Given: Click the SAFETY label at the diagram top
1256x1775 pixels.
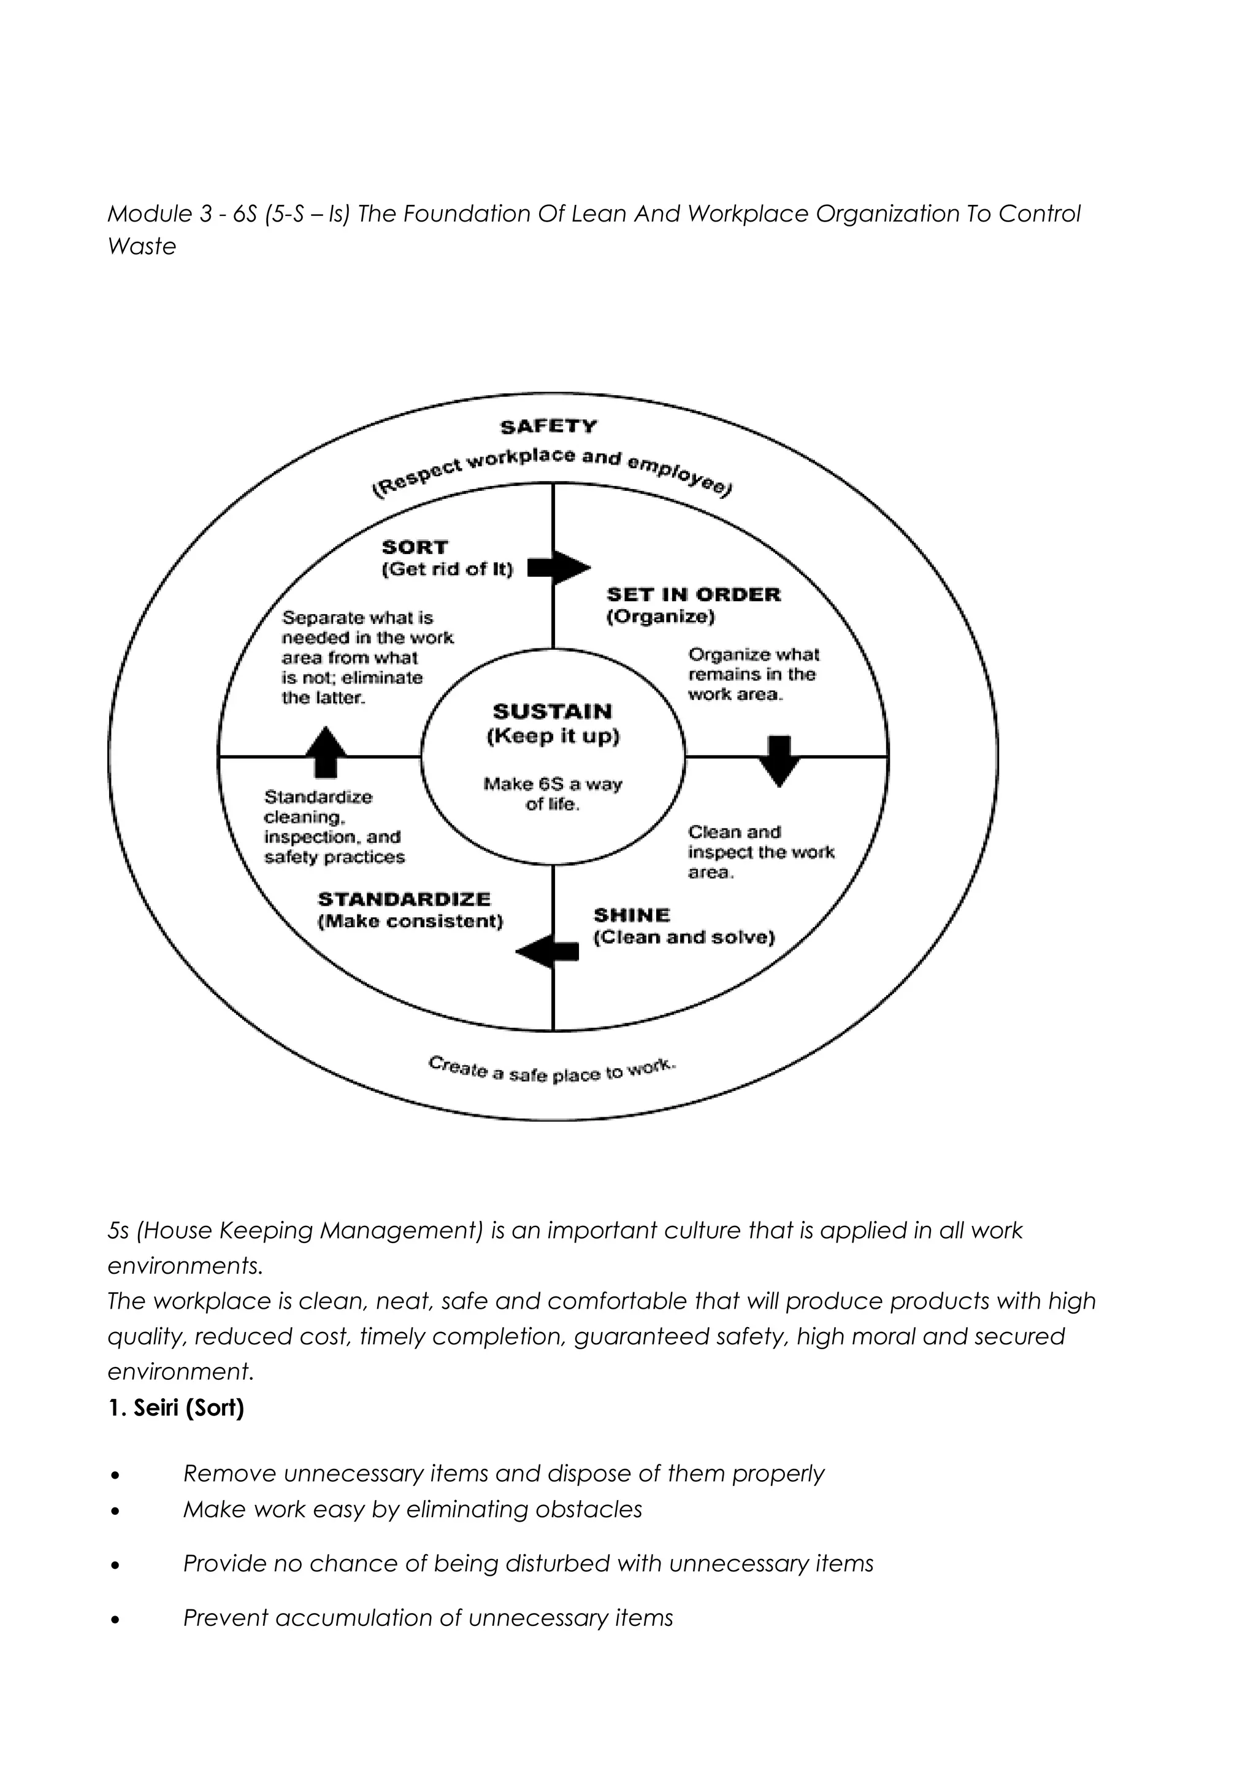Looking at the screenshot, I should coord(548,426).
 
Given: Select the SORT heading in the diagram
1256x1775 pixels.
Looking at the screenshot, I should coord(415,547).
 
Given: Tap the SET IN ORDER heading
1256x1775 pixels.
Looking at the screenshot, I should coord(693,595).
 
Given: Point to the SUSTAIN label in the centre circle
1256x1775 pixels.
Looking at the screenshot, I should coord(552,711).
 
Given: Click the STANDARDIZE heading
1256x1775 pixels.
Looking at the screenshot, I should coord(404,899).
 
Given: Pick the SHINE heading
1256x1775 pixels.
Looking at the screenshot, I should coord(631,915).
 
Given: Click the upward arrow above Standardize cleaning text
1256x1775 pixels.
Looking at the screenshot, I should coord(326,750).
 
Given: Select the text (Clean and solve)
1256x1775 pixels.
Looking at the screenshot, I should coord(684,938).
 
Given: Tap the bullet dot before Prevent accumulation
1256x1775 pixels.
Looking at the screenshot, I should coord(115,1618).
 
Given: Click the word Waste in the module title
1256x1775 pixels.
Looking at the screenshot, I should coord(142,247).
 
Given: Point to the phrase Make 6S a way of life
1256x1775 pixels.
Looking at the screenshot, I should coord(552,794).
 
